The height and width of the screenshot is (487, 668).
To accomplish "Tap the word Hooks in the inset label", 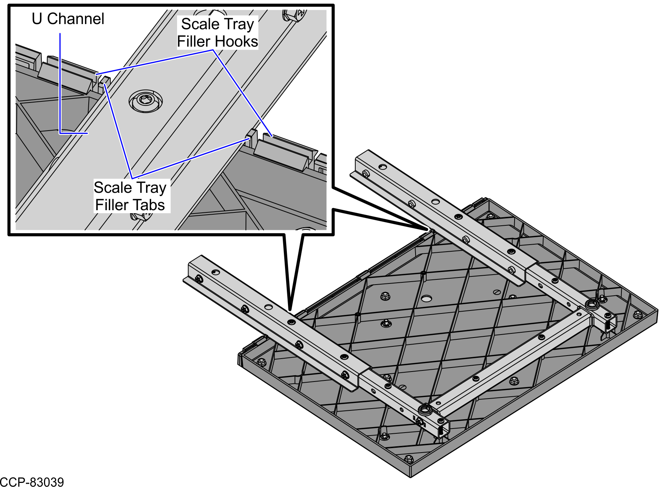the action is pyautogui.click(x=237, y=41).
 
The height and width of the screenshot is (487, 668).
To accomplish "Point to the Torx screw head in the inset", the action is pyautogui.click(x=146, y=101).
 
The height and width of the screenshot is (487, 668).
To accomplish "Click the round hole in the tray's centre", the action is pyautogui.click(x=426, y=298).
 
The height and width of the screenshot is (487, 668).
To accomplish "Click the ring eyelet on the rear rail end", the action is pyautogui.click(x=592, y=305).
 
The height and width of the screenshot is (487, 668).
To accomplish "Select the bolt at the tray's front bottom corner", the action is pyautogui.click(x=408, y=459).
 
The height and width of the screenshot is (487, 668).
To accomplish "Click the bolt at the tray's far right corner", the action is pyautogui.click(x=637, y=315).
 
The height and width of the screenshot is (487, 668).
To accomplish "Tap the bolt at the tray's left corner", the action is pyautogui.click(x=261, y=362).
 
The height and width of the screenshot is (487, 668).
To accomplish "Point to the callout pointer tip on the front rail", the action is pyautogui.click(x=290, y=310).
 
